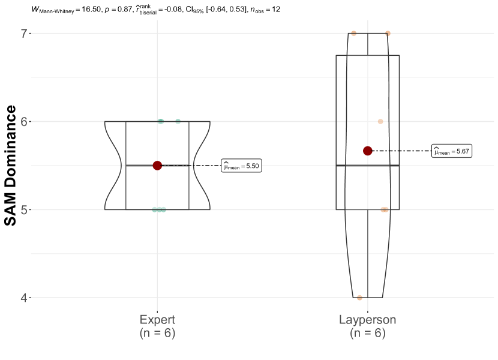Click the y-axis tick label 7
24,34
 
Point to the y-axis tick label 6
24,121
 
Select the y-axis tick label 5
24,210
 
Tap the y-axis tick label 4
24,298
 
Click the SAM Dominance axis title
10,166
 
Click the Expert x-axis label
157,320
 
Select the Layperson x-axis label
367,320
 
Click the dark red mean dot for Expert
157,166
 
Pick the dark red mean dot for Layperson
367,151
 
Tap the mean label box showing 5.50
241,166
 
